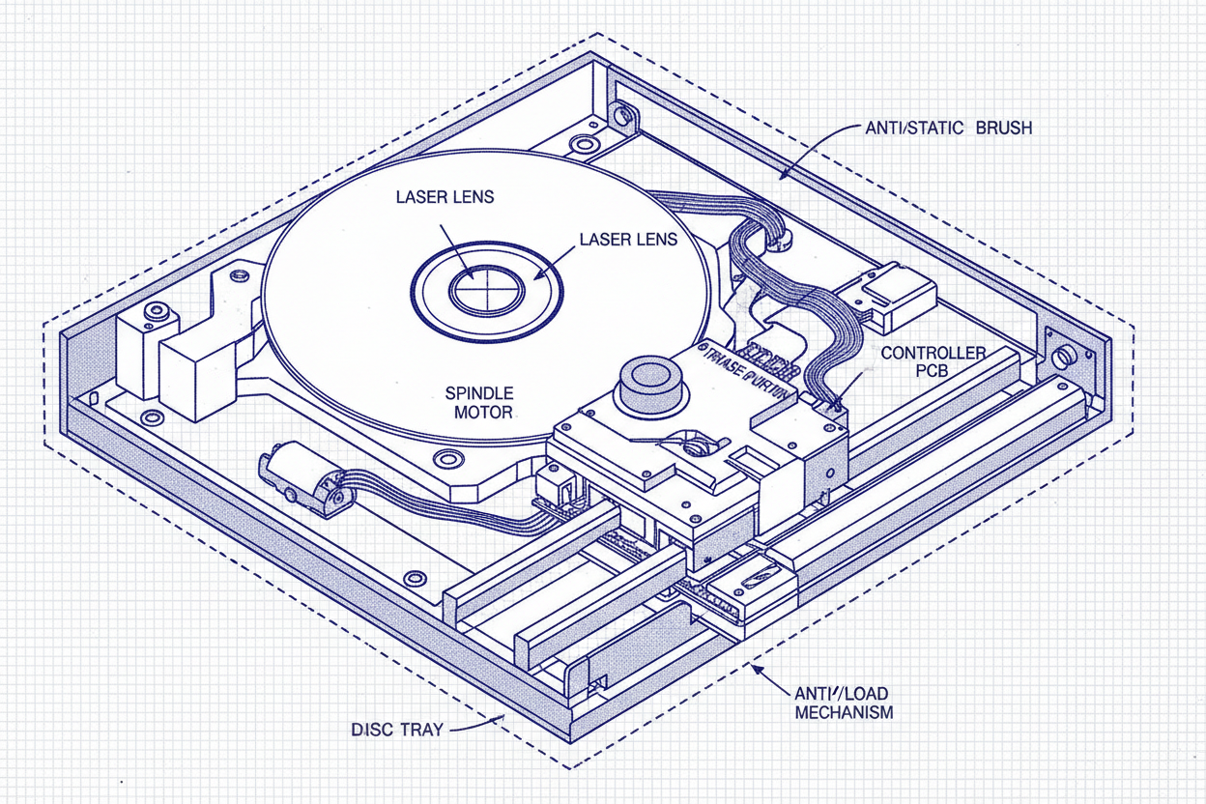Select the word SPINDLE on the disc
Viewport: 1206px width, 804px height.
[478, 393]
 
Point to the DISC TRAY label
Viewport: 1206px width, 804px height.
[397, 730]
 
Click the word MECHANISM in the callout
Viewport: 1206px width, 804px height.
[843, 712]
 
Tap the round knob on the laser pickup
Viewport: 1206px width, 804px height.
[653, 381]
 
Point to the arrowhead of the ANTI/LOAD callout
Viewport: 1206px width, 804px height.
[757, 670]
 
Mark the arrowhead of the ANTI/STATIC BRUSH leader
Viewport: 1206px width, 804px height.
[784, 175]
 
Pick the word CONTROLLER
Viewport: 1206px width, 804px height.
[933, 354]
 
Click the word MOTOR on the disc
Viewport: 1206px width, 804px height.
[478, 412]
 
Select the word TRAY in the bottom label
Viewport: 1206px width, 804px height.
[420, 730]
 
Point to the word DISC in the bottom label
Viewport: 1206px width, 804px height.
[371, 730]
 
